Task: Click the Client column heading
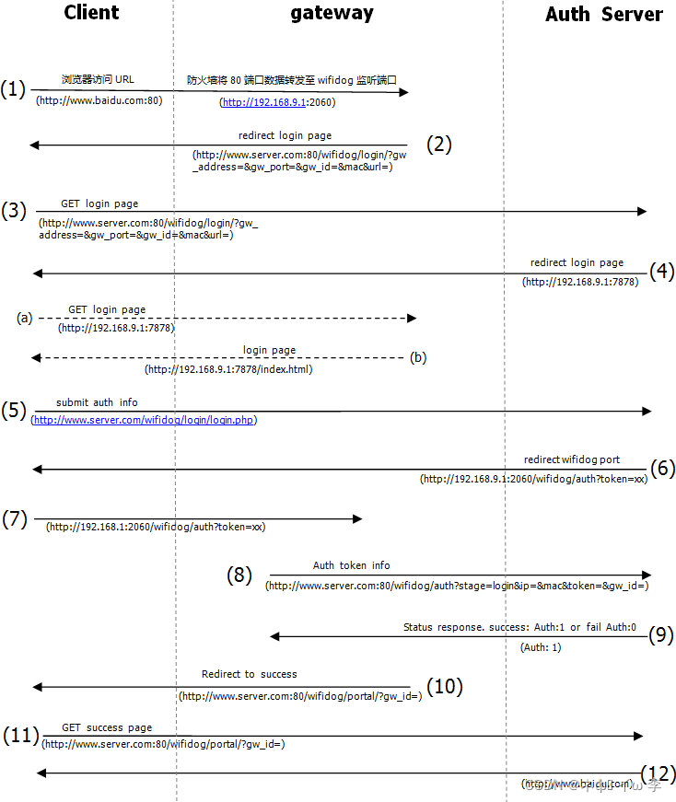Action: coord(92,13)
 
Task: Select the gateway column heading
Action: coord(332,13)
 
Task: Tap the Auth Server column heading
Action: coord(603,15)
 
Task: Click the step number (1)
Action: coord(13,90)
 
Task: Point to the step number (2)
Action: coord(439,144)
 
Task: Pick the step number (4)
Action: coord(662,272)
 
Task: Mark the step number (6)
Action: coord(662,468)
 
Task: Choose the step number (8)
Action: coord(239,575)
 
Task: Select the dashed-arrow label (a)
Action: coord(24,318)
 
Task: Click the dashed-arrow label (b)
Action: coord(419,357)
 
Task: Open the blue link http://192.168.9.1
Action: coord(264,102)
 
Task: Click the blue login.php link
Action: coord(145,420)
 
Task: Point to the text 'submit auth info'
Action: coord(97,402)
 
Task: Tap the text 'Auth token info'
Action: coord(351,565)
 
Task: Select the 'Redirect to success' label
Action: coord(250,674)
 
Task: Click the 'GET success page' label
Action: coord(107,727)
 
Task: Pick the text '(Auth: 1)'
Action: coord(541,647)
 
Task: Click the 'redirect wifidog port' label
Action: coord(572,459)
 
